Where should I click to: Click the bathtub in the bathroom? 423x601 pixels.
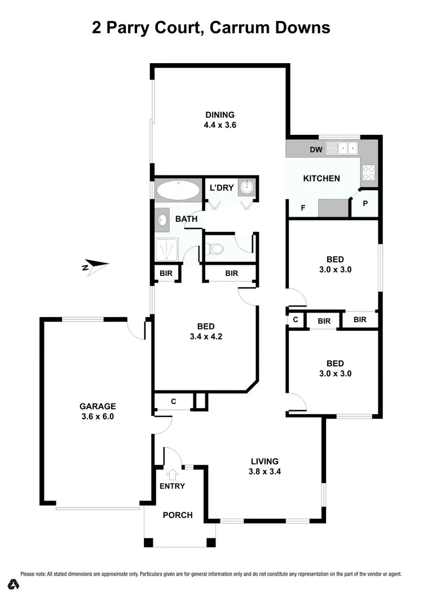pyautogui.click(x=178, y=190)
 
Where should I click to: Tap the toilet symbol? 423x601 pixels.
pyautogui.click(x=215, y=248)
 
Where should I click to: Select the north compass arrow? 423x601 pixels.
pyautogui.click(x=95, y=265)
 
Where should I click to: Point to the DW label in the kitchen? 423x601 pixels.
pyautogui.click(x=316, y=150)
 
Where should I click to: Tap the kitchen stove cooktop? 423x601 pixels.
pyautogui.click(x=369, y=172)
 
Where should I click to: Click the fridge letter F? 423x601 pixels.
pyautogui.click(x=303, y=208)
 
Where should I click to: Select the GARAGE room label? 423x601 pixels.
pyautogui.click(x=98, y=406)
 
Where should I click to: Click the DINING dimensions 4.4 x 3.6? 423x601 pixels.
pyautogui.click(x=220, y=125)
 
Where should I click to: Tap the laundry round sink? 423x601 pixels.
pyautogui.click(x=247, y=187)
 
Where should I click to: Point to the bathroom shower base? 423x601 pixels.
pyautogui.click(x=167, y=248)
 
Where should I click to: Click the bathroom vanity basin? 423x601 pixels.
pyautogui.click(x=162, y=219)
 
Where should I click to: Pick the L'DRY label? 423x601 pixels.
pyautogui.click(x=221, y=188)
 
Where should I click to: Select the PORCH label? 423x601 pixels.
pyautogui.click(x=178, y=515)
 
